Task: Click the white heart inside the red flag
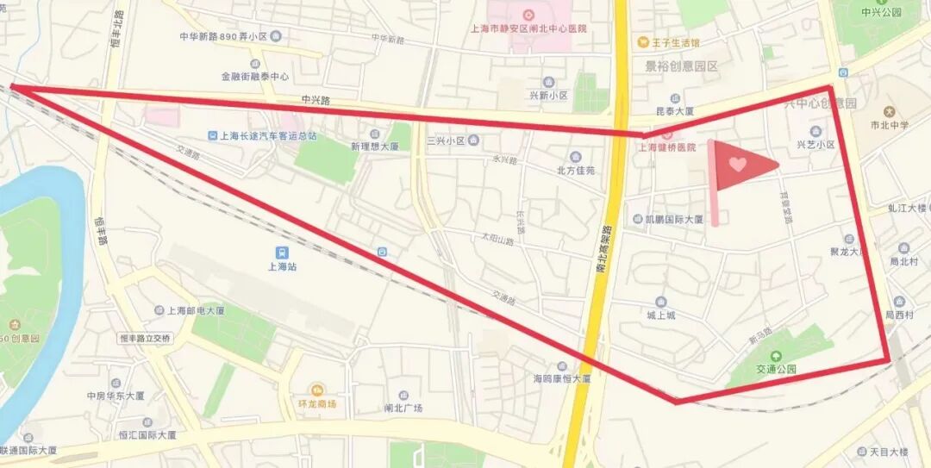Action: coord(737,162)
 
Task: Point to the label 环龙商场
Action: coord(318,403)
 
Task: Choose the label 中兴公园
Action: coord(880,12)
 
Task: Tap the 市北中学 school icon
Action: coord(889,112)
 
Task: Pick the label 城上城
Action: coord(660,315)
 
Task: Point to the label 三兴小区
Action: coord(446,140)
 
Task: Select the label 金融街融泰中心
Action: coord(254,76)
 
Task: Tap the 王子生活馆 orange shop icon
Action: coord(641,41)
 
